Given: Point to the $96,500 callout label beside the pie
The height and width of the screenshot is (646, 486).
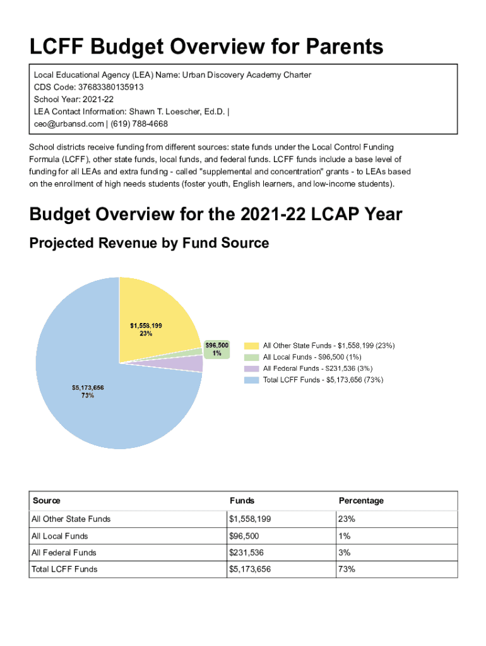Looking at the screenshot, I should point(216,349).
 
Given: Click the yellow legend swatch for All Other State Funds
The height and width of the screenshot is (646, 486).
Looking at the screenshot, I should point(251,346).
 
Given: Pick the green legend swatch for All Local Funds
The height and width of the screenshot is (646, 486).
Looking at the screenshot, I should point(251,357).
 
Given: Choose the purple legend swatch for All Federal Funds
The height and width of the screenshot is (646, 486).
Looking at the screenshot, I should point(251,368).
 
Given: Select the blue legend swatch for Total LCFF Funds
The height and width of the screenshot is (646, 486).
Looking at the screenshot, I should point(251,380).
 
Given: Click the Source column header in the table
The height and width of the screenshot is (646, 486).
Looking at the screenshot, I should point(46,501).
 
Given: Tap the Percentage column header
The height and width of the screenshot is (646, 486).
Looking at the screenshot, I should point(361,501).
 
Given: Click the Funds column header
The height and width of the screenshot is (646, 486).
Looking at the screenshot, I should point(242,501).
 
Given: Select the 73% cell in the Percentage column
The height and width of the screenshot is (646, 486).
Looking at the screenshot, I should point(347,569).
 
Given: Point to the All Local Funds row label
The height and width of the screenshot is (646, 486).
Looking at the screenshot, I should point(59,536).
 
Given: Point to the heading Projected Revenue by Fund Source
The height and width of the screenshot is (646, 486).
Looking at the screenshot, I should point(149,243).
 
